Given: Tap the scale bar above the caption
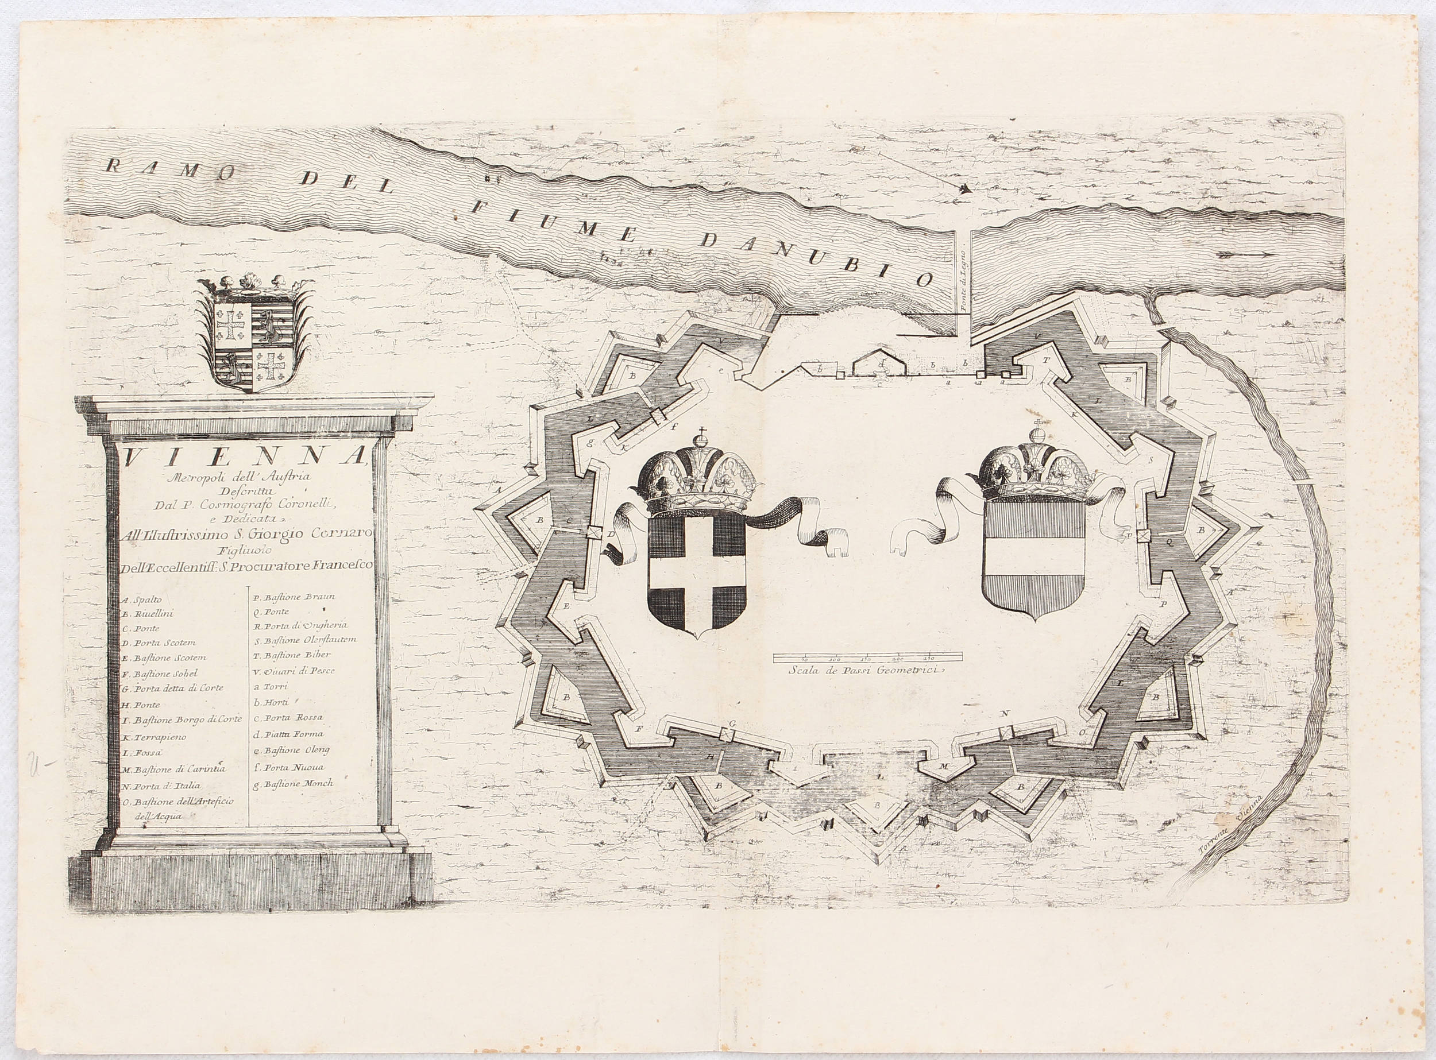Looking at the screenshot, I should click(867, 656).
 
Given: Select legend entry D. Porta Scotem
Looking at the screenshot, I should click(159, 643).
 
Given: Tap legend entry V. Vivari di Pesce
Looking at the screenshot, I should click(294, 671).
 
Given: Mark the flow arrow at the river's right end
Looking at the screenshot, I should click(1245, 255).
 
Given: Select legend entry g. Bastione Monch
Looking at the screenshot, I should click(294, 783).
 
